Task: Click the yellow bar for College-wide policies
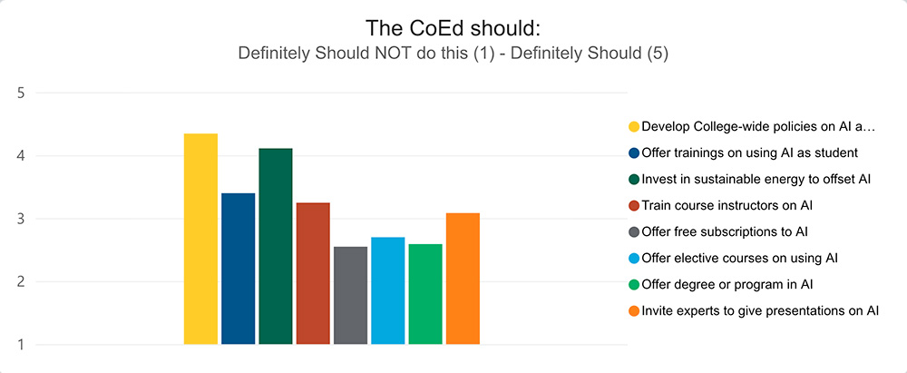(x=200, y=240)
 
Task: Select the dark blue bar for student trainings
(x=239, y=269)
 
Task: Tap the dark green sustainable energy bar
(x=276, y=246)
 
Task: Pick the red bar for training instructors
(x=313, y=273)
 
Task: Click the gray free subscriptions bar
(x=350, y=295)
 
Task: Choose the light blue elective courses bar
(x=387, y=290)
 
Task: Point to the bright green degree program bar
(x=425, y=294)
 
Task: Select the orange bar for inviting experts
(x=463, y=279)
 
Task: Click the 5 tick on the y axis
(x=22, y=93)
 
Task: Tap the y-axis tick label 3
(x=22, y=219)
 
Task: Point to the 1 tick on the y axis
(x=22, y=345)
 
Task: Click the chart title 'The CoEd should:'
(x=453, y=28)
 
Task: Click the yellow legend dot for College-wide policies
(x=634, y=126)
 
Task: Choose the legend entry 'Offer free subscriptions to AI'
(x=725, y=231)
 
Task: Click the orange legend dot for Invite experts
(x=634, y=311)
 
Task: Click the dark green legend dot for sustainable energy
(x=634, y=179)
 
